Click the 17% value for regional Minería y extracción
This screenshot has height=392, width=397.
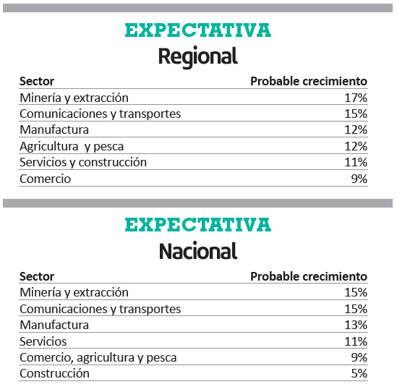[356, 98]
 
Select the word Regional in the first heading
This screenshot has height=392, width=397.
[198, 56]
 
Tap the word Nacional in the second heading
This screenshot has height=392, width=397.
[198, 251]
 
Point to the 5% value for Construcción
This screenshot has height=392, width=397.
[359, 373]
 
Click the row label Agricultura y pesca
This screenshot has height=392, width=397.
[72, 147]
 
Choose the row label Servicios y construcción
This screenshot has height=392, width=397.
[83, 163]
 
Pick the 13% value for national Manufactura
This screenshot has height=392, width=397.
[356, 325]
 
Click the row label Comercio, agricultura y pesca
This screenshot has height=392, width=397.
[98, 358]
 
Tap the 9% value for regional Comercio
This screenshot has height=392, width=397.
[359, 179]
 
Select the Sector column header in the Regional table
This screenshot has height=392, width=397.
[37, 81]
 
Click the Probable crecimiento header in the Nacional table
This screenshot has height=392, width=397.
[309, 276]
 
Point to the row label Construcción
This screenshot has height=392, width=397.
[54, 373]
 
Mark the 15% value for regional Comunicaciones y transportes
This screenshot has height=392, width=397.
[356, 114]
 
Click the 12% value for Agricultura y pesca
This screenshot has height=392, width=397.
[356, 146]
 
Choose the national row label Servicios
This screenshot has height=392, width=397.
[43, 341]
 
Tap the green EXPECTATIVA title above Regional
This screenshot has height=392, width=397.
[198, 30]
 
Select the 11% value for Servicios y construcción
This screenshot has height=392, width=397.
[356, 162]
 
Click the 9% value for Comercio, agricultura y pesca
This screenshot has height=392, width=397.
[359, 357]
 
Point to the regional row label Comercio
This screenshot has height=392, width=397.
[45, 179]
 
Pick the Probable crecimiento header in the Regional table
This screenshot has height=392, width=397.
[309, 81]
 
